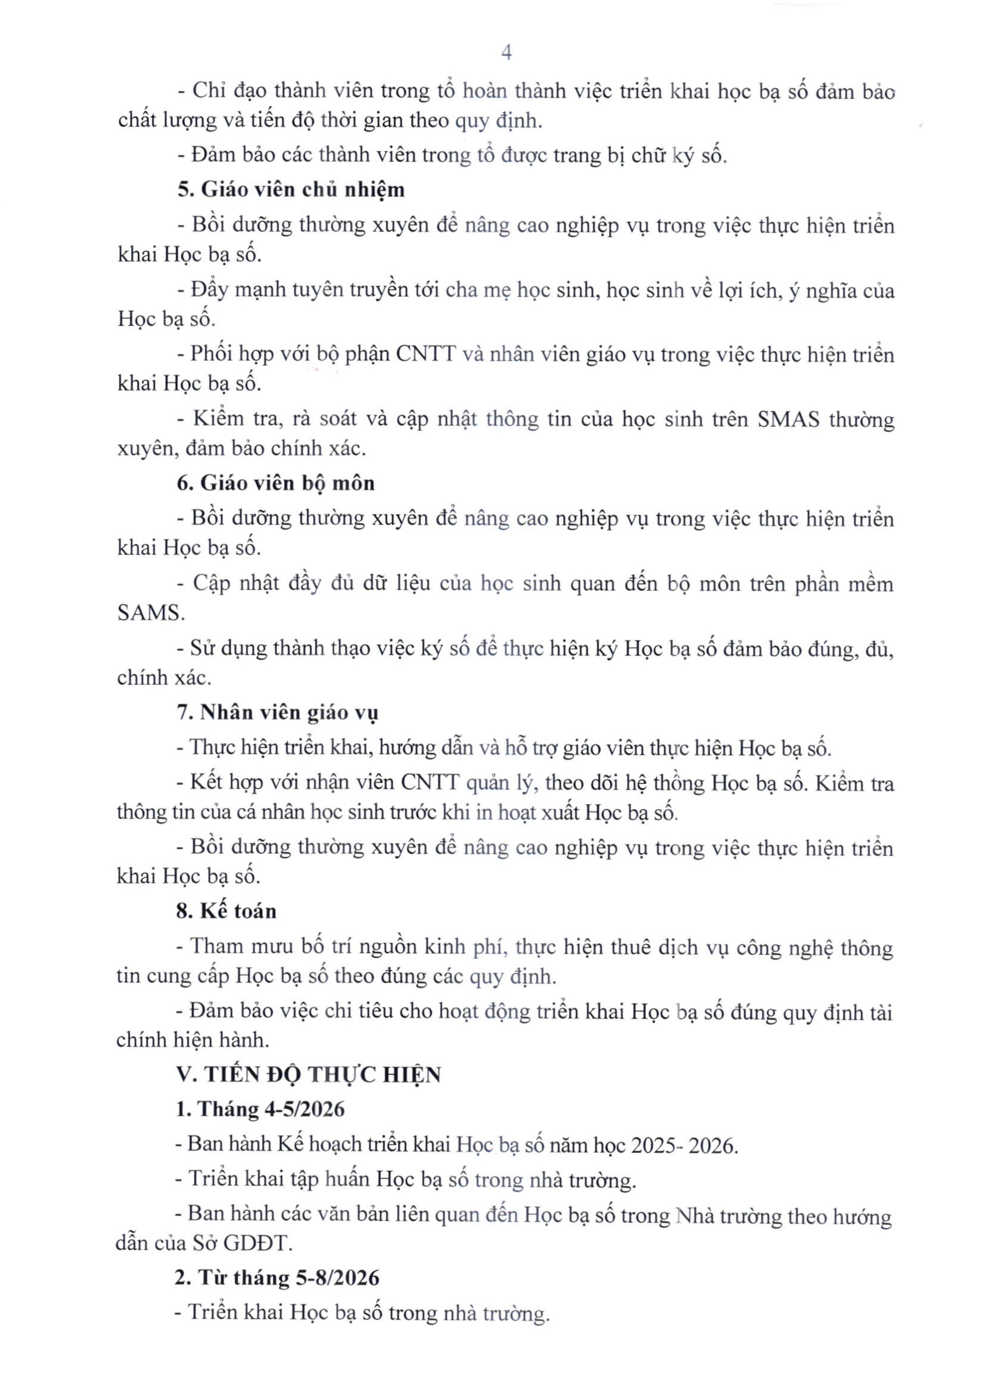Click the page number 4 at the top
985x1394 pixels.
pos(507,53)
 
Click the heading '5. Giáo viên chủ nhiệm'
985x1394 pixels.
pos(291,190)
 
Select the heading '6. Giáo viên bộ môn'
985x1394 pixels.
pos(276,483)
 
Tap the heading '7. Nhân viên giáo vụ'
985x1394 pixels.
pos(277,712)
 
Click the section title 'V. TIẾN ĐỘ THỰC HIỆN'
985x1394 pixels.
pos(308,1075)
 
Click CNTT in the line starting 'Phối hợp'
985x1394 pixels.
pos(425,354)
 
